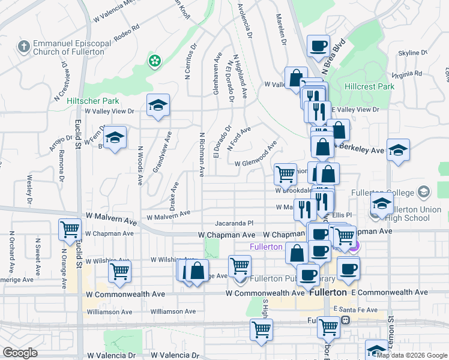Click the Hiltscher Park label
pos(93,101)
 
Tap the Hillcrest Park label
pos(370,86)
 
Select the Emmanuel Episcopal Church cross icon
pos(23,46)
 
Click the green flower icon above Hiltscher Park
pos(155,60)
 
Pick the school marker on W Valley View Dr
pos(158,106)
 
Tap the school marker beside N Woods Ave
pos(115,139)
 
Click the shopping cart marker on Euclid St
pos(70,229)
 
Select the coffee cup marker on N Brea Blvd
pos(318,46)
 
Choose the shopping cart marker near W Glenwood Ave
pos(285,174)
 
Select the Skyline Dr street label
pos(412,53)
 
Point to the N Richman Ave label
pos(202,155)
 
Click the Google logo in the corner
pos(20,353)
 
